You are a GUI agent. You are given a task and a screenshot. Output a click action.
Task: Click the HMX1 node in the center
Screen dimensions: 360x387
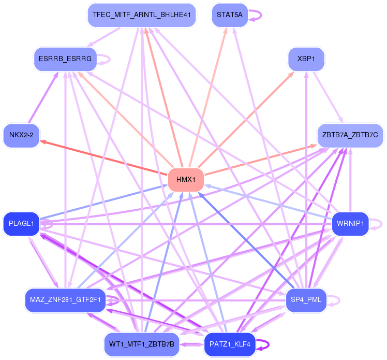point(186,180)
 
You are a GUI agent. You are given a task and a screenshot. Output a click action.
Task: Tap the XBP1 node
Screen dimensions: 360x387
point(306,59)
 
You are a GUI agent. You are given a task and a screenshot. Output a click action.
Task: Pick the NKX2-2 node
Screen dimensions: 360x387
point(21,135)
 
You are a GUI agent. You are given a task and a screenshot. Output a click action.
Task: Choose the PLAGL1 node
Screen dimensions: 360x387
point(21,224)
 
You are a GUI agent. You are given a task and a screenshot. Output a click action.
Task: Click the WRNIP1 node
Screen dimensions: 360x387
point(350,224)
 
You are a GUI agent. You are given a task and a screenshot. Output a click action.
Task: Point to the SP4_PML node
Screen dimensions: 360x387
point(306,300)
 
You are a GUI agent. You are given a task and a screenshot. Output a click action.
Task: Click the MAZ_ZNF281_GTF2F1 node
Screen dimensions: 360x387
point(65,300)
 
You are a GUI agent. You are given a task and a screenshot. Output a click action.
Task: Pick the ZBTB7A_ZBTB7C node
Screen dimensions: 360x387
point(350,135)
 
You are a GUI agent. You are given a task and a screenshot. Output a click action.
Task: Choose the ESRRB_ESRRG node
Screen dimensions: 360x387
point(65,59)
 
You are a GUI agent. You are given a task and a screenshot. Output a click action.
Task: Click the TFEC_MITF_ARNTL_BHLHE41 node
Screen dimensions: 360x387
point(141,15)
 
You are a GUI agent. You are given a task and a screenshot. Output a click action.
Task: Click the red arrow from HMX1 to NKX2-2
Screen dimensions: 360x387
point(103,157)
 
